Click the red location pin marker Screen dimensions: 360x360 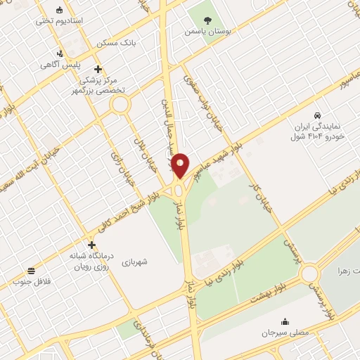pyautogui.click(x=180, y=165)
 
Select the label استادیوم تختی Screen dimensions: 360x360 pyautogui.click(x=60, y=21)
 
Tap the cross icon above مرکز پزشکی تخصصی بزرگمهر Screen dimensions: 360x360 pyautogui.click(x=98, y=70)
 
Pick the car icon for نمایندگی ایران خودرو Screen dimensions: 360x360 pyautogui.click(x=319, y=115)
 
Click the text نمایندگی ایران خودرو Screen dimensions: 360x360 pyautogui.click(x=320, y=131)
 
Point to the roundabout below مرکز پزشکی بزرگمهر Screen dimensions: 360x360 pyautogui.click(x=120, y=105)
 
